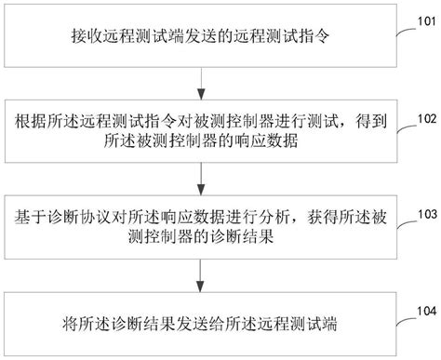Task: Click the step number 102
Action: [x=428, y=119]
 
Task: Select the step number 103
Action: [x=428, y=213]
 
